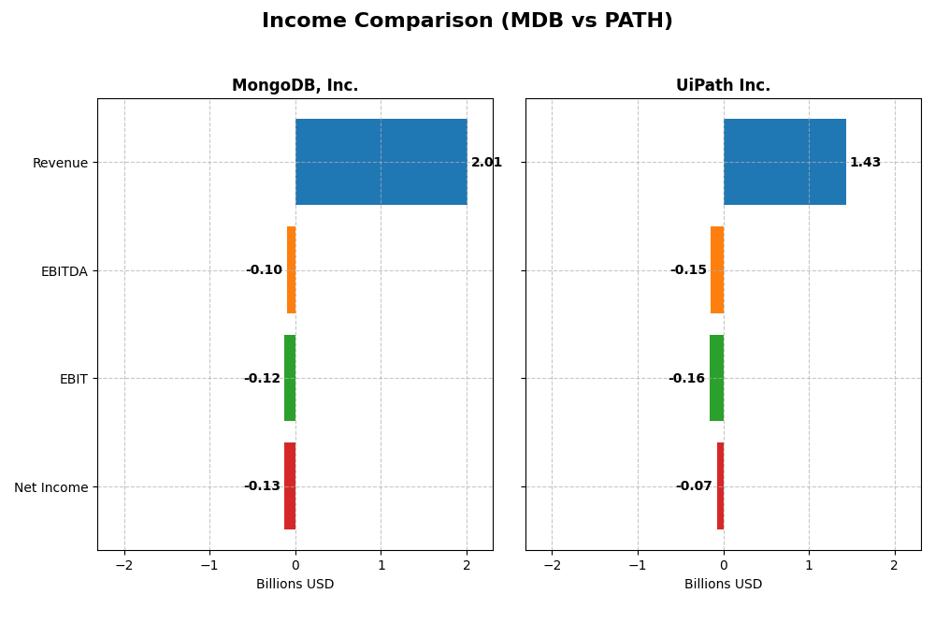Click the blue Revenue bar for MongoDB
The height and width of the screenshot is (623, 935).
coord(381,162)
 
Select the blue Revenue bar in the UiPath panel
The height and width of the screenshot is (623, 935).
coord(784,162)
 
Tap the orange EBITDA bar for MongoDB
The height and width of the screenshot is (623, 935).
coord(292,270)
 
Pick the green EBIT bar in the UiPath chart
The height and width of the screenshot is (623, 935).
coord(716,378)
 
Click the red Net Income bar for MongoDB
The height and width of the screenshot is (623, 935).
coord(290,486)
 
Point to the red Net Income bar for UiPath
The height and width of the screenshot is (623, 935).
coord(720,486)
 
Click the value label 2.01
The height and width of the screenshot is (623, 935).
coord(486,163)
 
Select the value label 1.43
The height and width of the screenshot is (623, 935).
coord(865,163)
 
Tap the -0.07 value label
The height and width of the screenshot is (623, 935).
coord(694,486)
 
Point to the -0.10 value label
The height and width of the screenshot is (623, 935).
coord(264,270)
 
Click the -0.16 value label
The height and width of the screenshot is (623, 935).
coord(686,379)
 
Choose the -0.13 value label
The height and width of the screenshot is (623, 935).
coord(262,486)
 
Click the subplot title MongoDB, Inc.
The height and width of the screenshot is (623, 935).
coord(295,86)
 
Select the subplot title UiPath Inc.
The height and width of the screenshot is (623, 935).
coord(723,86)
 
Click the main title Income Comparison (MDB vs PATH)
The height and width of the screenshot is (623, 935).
coord(467,22)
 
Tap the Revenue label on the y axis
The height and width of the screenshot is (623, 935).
coord(60,164)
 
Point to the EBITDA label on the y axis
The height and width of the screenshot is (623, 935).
coord(64,271)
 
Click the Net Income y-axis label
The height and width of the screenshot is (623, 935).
coord(50,487)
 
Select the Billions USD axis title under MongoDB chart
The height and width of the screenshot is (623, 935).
coord(295,585)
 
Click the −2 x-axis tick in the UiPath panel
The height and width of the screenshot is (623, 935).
coord(552,566)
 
